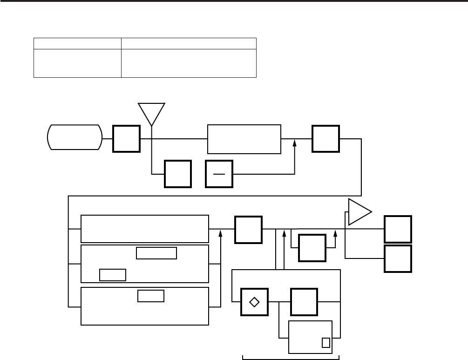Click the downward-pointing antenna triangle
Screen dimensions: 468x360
point(152,112)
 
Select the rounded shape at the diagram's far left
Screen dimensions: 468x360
point(75,137)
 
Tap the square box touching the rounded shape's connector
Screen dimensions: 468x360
point(126,138)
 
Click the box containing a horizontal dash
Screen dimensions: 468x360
point(219,174)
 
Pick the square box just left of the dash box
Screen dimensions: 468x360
point(178,174)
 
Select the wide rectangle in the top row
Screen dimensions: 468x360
point(244,139)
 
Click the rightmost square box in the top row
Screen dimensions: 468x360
point(326,139)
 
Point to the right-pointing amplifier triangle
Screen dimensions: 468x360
point(359,212)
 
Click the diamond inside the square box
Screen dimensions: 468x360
point(254,302)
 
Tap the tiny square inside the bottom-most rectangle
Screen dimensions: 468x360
point(326,343)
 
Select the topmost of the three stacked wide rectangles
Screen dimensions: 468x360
point(145,229)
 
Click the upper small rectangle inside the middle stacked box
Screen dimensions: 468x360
point(156,253)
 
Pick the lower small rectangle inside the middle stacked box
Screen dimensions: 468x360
point(113,275)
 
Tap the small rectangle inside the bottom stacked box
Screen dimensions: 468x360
point(151,296)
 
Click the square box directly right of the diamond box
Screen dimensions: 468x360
point(304,302)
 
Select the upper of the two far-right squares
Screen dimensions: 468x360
point(398,229)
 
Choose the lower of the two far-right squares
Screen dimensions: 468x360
point(398,258)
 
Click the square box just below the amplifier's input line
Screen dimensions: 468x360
point(312,248)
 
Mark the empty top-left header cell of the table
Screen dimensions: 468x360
point(77,43)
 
